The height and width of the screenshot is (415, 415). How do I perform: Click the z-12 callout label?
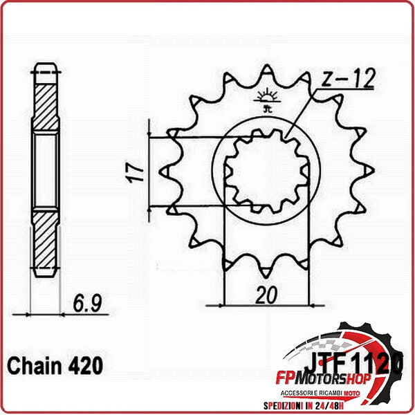[349, 80]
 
